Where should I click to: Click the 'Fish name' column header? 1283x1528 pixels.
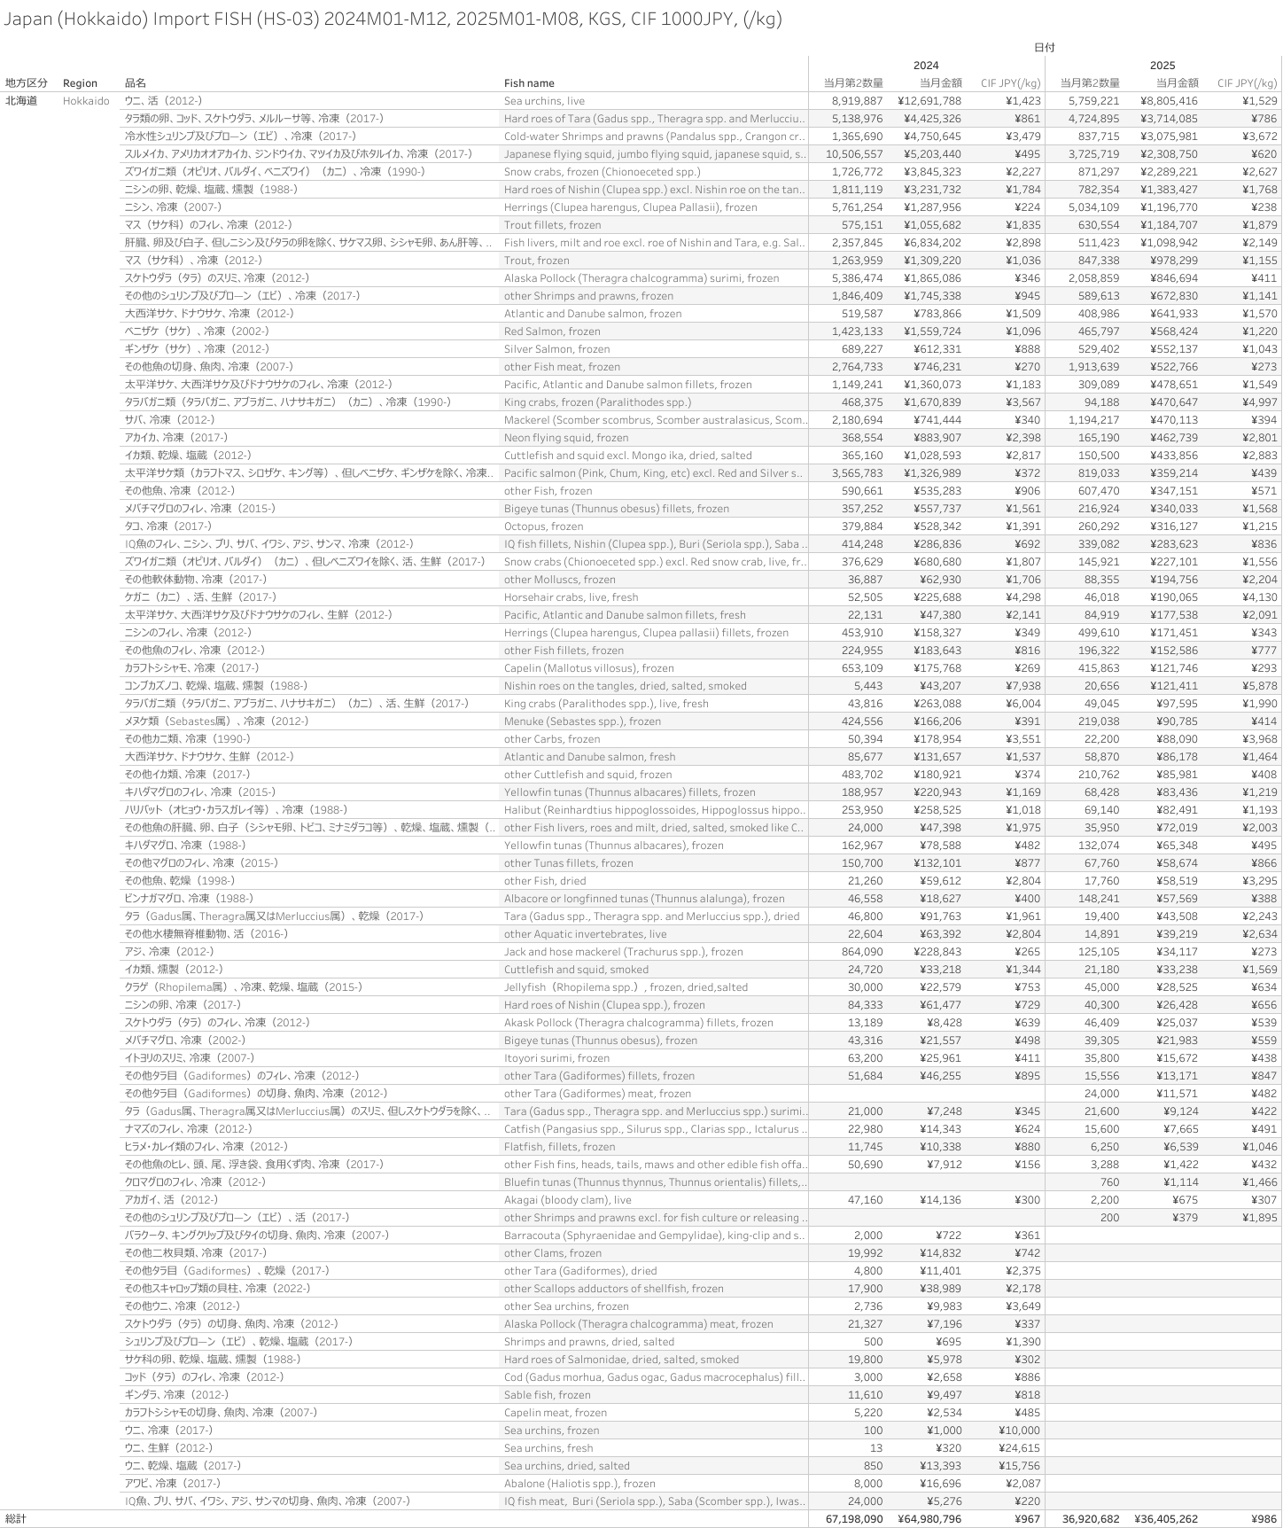pyautogui.click(x=529, y=83)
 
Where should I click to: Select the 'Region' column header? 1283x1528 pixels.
pyautogui.click(x=80, y=83)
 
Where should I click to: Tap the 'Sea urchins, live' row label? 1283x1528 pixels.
pyautogui.click(x=544, y=101)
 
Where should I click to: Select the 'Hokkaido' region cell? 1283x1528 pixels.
pyautogui.click(x=86, y=101)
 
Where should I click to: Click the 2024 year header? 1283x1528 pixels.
pyautogui.click(x=926, y=66)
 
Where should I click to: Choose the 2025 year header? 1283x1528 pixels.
pyautogui.click(x=1162, y=66)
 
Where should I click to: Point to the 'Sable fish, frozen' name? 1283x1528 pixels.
pyautogui.click(x=547, y=1395)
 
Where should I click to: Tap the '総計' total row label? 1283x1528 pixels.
pyautogui.click(x=16, y=1519)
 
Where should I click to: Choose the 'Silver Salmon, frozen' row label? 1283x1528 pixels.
pyautogui.click(x=556, y=349)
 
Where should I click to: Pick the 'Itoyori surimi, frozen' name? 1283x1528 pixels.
pyautogui.click(x=556, y=1058)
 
